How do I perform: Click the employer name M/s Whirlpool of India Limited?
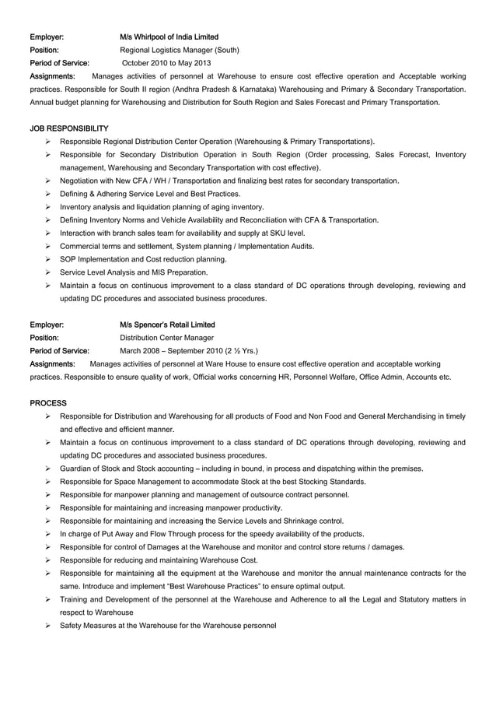[169, 37]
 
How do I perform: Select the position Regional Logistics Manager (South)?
[179, 50]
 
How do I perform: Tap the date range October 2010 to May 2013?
[166, 63]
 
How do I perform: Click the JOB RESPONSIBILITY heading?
[69, 128]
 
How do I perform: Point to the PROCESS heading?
[48, 403]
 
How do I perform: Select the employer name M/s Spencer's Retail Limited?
[167, 325]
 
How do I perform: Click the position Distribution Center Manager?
[166, 338]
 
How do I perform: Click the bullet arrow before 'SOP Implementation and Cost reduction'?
[48, 259]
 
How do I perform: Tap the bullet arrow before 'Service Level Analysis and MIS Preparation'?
[48, 272]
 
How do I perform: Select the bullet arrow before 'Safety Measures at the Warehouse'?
[48, 626]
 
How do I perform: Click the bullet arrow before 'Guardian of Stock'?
[48, 469]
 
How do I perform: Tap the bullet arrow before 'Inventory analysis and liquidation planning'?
[48, 207]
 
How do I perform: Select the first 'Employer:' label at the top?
[47, 37]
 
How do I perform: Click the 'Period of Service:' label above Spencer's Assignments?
[59, 351]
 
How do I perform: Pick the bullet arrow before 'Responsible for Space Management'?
[48, 482]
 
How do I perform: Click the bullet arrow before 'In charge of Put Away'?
[48, 534]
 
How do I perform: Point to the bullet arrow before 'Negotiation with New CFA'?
[48, 181]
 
